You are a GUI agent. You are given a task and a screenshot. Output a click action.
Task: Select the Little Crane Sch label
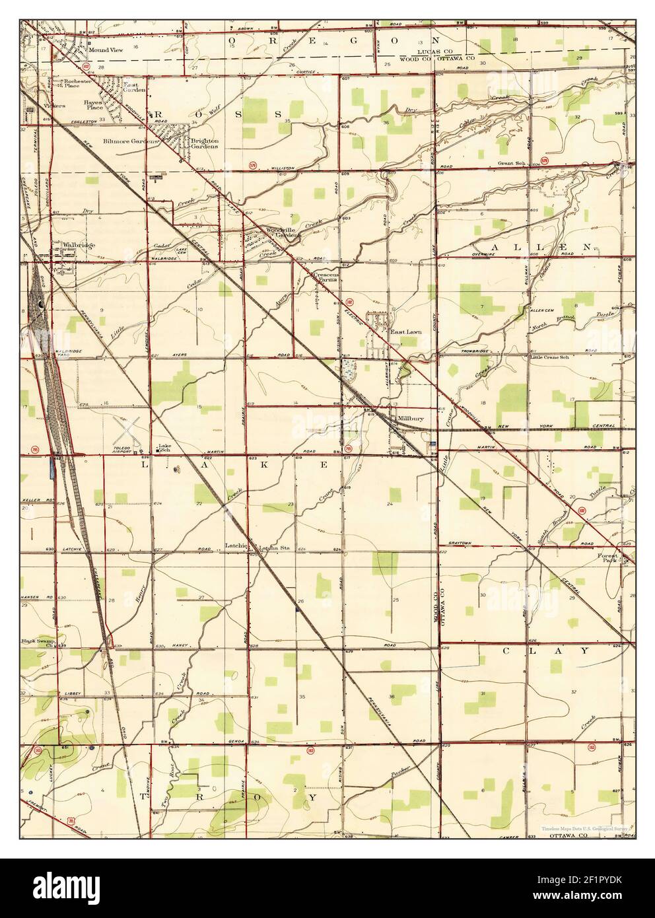click(549, 357)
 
